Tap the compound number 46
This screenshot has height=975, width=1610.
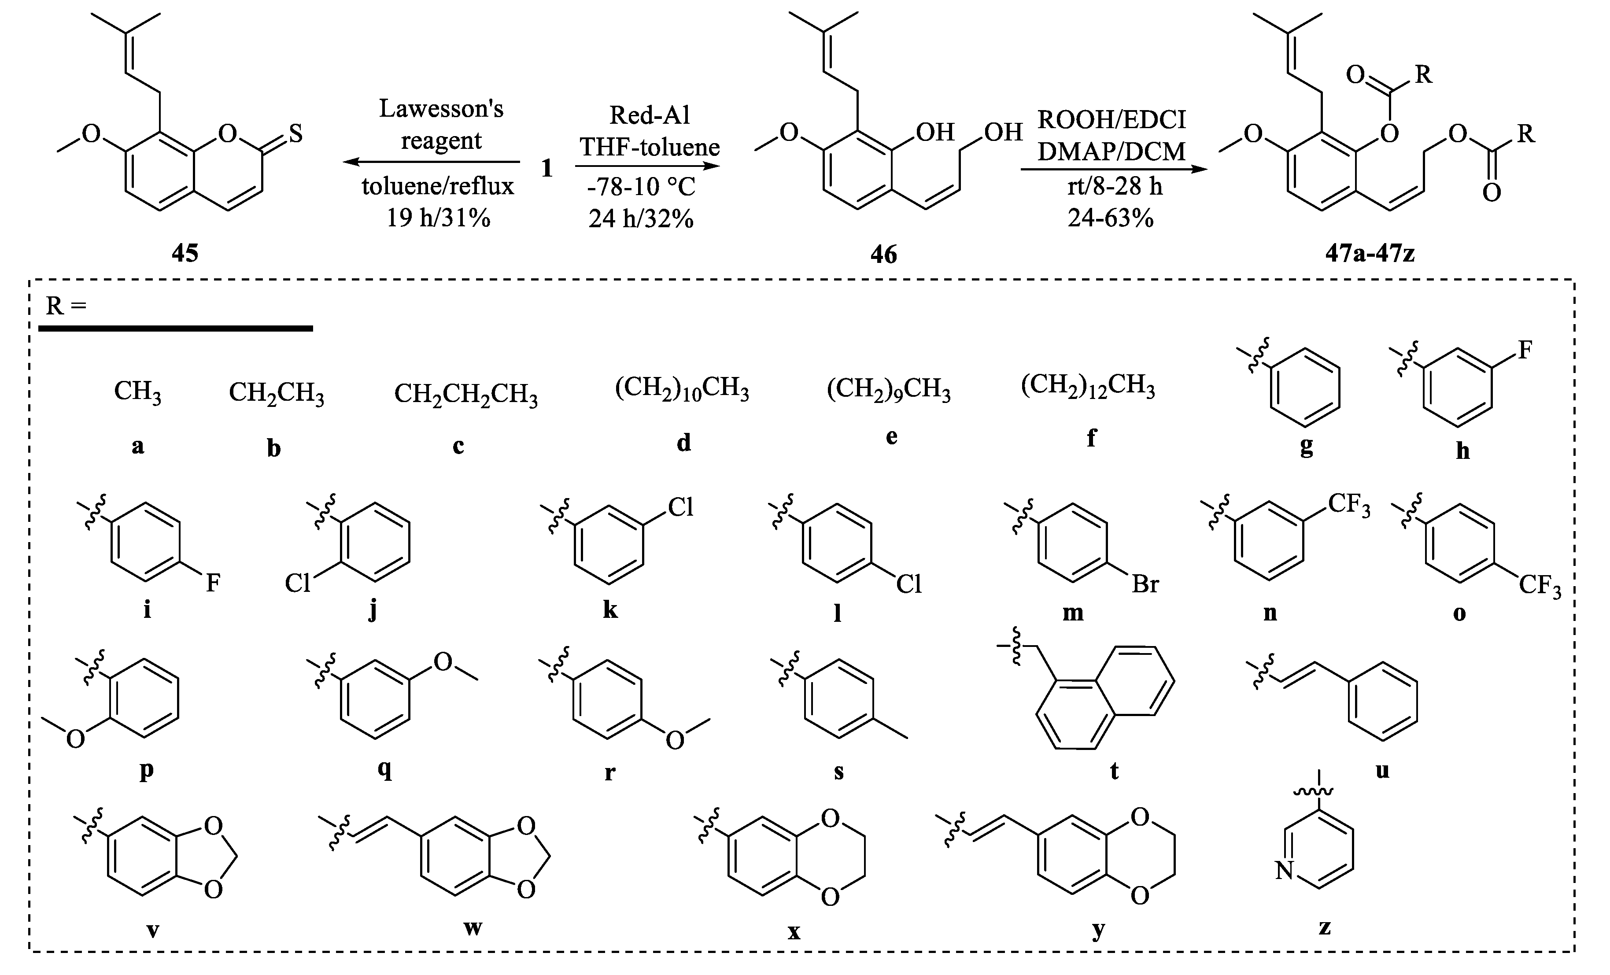click(883, 254)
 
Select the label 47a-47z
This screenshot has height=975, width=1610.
click(1370, 253)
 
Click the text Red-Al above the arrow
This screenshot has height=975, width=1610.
click(650, 115)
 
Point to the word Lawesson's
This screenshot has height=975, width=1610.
click(441, 108)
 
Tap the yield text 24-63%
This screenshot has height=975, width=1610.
click(1111, 218)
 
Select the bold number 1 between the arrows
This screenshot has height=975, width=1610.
click(547, 169)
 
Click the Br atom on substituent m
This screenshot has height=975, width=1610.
click(1145, 584)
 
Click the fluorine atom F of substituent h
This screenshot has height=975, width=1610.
click(1525, 350)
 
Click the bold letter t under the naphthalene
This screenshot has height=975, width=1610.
click(1114, 771)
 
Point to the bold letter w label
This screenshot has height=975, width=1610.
click(473, 927)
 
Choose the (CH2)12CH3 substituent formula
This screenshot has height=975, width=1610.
click(1087, 386)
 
